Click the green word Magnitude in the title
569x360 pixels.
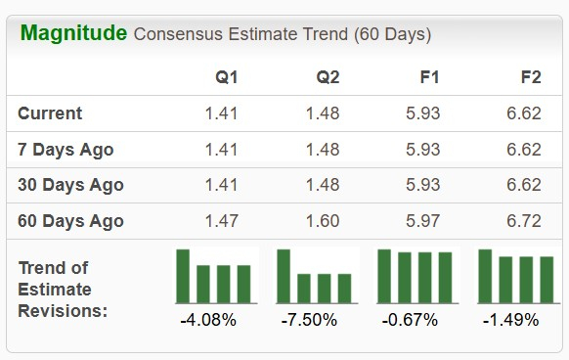[73, 33]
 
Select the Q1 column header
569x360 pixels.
[226, 76]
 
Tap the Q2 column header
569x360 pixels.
[328, 76]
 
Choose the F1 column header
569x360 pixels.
[428, 76]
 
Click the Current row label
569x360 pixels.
[50, 113]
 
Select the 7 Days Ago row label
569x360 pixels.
[66, 150]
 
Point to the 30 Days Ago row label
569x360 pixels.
[70, 185]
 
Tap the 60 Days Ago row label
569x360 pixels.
[70, 221]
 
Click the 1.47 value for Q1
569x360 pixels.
[221, 221]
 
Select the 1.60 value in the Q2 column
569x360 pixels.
[323, 221]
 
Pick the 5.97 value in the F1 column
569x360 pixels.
[423, 221]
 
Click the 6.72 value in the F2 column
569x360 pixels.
[524, 221]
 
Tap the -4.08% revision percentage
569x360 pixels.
[208, 320]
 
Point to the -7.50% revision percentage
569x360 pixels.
[309, 320]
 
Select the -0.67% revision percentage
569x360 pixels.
[410, 320]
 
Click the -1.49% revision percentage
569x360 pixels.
[510, 320]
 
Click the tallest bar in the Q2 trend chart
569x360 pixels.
[284, 276]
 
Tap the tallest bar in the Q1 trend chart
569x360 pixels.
[183, 276]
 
